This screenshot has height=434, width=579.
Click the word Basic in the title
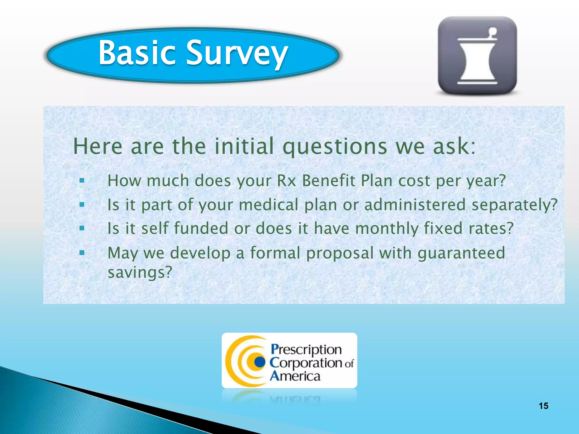click(x=137, y=53)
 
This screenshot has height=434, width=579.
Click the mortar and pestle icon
click(x=477, y=56)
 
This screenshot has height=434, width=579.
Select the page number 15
click(x=543, y=406)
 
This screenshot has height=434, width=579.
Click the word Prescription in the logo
click(x=306, y=350)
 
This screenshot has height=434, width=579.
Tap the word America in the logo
click(x=295, y=376)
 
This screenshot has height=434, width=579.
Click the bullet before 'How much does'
click(x=82, y=180)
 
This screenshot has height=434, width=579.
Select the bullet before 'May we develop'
click(x=82, y=253)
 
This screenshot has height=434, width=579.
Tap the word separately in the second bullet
click(x=514, y=205)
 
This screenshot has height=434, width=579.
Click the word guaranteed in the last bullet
click(x=461, y=253)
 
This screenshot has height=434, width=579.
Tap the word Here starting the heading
click(x=98, y=146)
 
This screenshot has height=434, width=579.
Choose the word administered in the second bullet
click(x=414, y=205)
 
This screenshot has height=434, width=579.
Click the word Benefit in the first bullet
click(x=328, y=181)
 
